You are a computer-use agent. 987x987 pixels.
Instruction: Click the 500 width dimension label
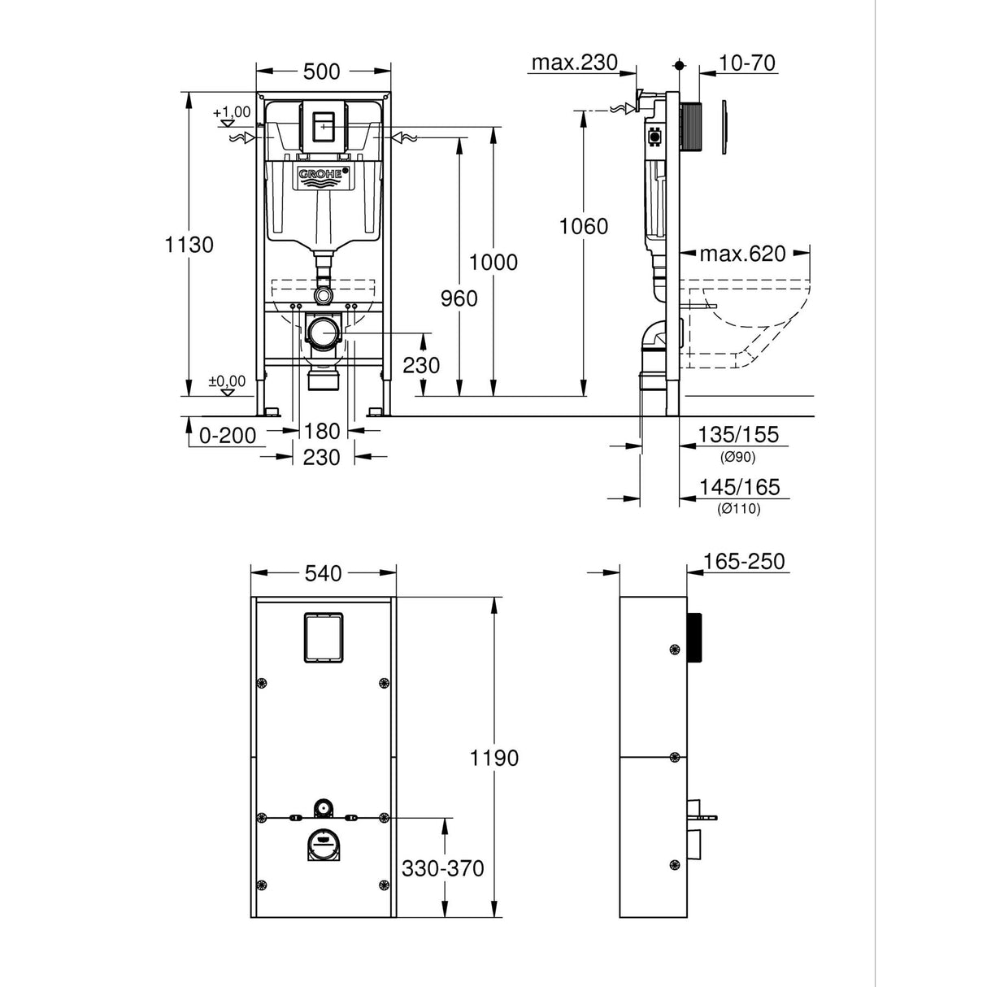coord(321,72)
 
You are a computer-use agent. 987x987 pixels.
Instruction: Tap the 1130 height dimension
coord(189,244)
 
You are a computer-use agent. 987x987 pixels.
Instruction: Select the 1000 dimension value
coord(493,262)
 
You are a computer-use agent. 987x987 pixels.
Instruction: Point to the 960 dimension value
coord(459,298)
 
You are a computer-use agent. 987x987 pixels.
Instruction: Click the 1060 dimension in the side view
coord(583,226)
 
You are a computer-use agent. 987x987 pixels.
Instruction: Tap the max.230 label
coord(574,63)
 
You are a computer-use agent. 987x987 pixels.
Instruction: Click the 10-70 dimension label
coord(748,63)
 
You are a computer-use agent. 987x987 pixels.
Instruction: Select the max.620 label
coord(743,254)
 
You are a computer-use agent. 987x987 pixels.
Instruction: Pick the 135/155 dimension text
coord(737,435)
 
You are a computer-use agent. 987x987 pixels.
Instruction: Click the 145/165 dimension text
coord(738,487)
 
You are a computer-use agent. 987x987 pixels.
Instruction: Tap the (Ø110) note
coord(738,509)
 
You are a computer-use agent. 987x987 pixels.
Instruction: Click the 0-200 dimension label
coord(228,436)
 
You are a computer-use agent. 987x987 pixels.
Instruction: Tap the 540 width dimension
coord(323,574)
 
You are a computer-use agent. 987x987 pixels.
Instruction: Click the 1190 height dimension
coord(493,758)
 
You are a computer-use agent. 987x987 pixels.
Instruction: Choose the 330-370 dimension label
coord(442,868)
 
